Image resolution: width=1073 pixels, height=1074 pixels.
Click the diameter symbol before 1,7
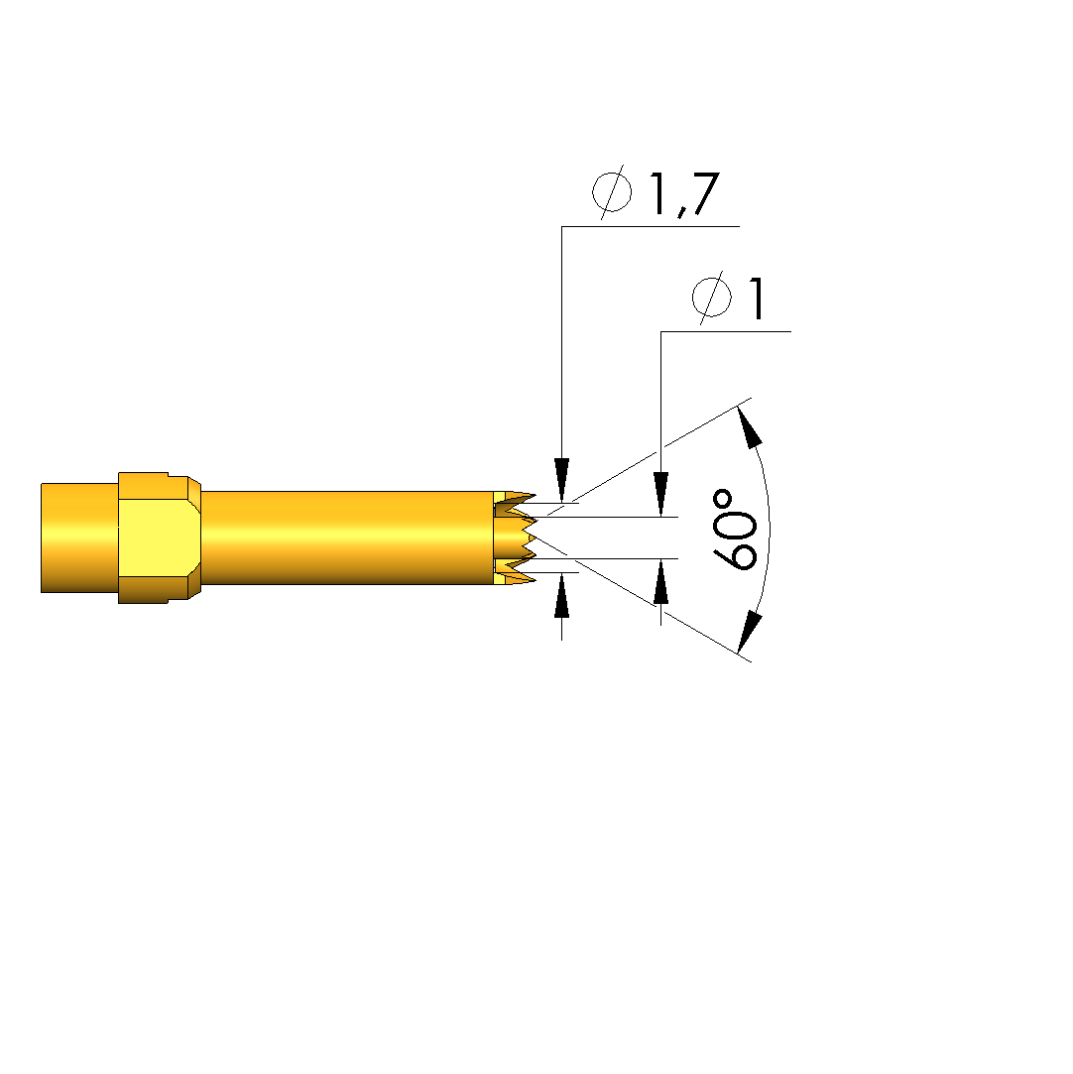612,191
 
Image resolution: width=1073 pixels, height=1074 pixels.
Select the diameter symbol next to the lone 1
711,298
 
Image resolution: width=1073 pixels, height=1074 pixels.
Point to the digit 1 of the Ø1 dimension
756,298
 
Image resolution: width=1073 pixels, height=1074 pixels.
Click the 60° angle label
736,529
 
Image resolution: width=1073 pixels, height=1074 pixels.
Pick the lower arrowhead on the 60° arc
749,633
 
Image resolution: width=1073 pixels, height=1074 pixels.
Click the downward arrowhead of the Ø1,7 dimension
561,479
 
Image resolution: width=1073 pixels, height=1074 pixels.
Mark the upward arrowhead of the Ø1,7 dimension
561,596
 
